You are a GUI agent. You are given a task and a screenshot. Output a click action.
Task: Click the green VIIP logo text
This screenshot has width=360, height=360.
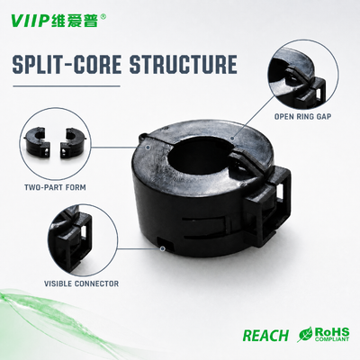coord(29,20)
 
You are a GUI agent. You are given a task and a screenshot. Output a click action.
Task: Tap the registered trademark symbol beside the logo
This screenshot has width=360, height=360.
coord(103,16)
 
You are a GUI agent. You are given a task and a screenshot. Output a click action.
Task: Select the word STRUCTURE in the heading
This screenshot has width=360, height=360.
coord(184,63)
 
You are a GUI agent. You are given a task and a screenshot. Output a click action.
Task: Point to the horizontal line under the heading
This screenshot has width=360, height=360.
coord(67,86)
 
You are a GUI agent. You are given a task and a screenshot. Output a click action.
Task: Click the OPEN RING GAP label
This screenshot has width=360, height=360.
coord(302,116)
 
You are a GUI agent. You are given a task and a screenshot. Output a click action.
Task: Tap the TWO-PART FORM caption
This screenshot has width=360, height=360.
coord(55,187)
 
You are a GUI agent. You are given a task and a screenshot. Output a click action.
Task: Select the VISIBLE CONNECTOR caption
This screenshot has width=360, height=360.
coord(81,283)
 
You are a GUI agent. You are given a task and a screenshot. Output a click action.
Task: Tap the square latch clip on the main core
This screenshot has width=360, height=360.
coord(268,207)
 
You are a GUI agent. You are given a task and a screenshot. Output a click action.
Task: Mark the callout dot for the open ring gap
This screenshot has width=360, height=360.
coord(232,139)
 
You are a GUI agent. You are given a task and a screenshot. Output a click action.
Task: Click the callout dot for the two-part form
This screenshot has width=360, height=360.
coord(148,147)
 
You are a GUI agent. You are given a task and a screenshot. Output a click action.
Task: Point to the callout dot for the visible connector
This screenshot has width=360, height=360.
coord(162,248)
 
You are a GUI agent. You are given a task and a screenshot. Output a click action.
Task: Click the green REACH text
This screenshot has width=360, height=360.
coord(265,335)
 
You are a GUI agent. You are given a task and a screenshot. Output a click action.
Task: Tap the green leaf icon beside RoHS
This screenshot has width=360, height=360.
coord(304,334)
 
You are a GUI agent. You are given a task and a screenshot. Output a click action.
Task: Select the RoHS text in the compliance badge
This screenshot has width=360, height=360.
coord(331,332)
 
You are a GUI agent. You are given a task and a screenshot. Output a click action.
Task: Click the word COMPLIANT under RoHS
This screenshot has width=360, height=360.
coord(331,339)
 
